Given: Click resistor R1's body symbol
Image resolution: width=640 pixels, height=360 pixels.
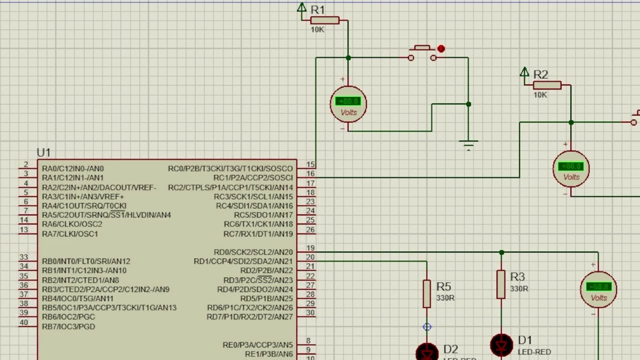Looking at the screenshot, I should coord(324,20).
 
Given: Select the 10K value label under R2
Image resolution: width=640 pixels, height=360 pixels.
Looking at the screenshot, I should coord(540,95).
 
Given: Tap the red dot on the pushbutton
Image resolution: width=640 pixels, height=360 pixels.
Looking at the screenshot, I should coord(440,48).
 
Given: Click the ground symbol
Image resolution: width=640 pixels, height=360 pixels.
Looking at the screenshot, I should coord(468,145).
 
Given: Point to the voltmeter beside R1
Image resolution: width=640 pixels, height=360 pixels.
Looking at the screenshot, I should coord(348,104).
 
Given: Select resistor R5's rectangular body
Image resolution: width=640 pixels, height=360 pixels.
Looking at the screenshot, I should coord(426,293).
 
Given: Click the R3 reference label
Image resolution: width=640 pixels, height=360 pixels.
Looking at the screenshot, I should coord(517,277).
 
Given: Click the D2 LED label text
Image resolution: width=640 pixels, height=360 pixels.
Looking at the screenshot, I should coord(450,349).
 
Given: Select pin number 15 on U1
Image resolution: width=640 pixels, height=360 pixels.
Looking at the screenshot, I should coord(310,164).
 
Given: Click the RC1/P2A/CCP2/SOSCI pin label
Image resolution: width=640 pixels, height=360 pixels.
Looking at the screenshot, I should coord(253,178).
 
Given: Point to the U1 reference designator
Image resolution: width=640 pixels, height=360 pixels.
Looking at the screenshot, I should coord(43,152).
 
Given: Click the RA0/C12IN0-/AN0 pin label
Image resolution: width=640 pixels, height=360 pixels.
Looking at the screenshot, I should coord(73,169).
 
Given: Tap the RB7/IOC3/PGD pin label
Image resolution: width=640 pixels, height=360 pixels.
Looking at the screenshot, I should coord(68,326).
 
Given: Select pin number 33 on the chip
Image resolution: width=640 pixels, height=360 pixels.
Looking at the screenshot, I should coord(23,257).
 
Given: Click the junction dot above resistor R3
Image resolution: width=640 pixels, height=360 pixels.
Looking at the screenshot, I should coord(501,252).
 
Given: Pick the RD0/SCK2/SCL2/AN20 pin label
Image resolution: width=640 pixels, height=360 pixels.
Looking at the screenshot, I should coord(253,252).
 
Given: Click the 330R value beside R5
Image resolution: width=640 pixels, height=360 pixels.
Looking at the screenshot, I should coord(445,298).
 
